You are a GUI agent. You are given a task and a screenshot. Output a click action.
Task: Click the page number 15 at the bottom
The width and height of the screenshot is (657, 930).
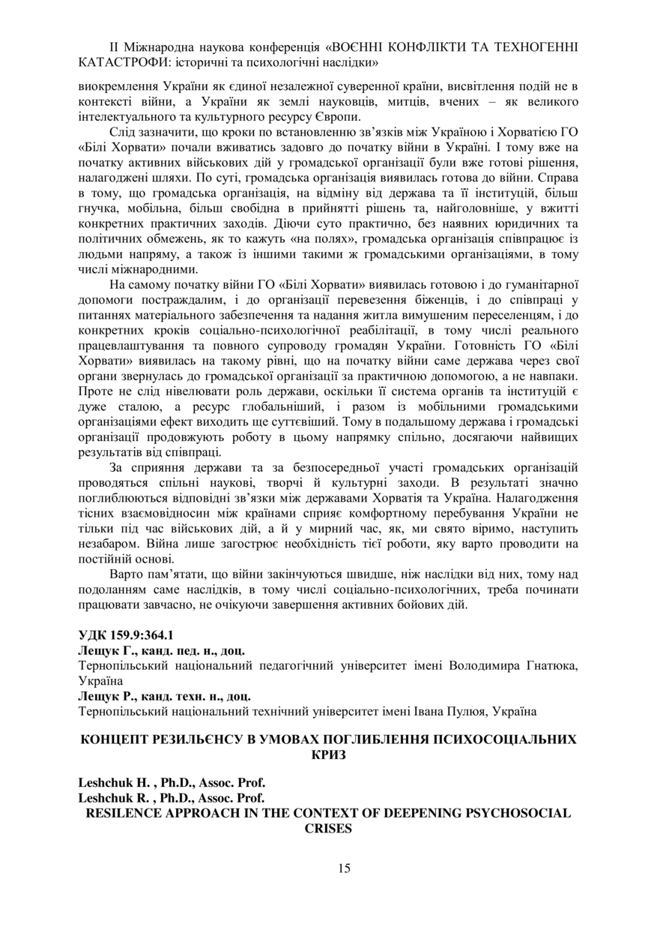coord(344,868)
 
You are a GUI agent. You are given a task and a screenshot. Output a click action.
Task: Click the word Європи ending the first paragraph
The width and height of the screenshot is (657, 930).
coord(342,116)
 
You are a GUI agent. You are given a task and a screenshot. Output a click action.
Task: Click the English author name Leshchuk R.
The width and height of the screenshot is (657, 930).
coord(112,797)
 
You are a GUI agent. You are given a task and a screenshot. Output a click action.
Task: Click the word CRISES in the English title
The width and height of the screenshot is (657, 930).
coord(328,828)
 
